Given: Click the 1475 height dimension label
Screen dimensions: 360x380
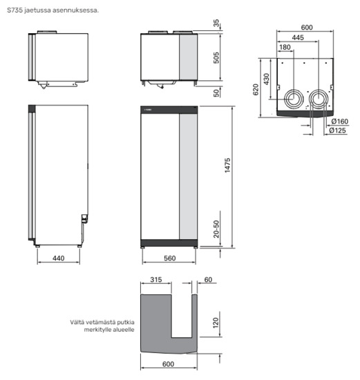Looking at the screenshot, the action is pos(227,165).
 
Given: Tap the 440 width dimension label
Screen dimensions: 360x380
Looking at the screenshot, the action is pos(59,258).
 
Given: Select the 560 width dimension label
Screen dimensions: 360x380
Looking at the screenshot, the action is pos(169,258).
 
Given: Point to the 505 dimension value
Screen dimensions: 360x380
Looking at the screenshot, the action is pos(216,57).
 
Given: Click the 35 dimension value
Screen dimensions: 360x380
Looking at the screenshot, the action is pos(216,23).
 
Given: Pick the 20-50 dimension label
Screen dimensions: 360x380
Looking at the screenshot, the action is pos(216,229).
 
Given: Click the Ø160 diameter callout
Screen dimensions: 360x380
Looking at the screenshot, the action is pos(340,121).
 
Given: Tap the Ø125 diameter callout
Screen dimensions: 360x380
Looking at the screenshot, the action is pos(337,131).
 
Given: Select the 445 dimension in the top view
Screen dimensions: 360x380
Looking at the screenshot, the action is pos(298,37).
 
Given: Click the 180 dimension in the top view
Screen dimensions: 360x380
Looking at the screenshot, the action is pos(285,47).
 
